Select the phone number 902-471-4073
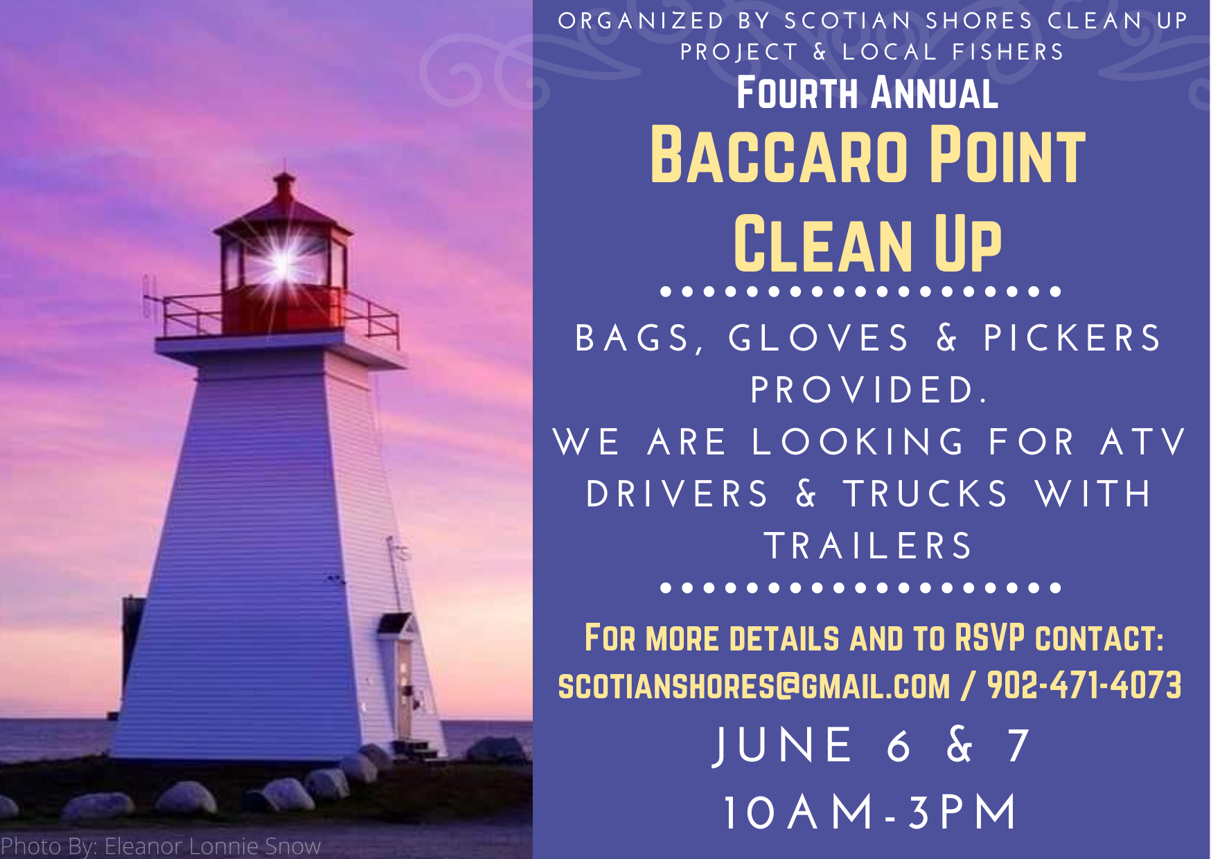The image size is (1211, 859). coord(1084,685)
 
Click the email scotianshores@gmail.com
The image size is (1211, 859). coord(754,686)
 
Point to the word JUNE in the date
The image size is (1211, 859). coord(783,745)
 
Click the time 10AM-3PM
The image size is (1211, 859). coord(869,812)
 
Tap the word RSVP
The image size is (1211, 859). coord(989,637)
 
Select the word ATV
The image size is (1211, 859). coord(1144,442)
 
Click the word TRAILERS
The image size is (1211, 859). coord(869,546)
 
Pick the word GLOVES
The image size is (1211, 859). coord(818,338)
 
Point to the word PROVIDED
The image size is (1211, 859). coord(869,390)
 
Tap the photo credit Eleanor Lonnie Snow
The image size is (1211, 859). coord(213,846)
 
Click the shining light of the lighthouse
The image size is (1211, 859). coord(283,262)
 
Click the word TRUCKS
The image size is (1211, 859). coord(926,494)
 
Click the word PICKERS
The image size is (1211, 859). coord(1072,338)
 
